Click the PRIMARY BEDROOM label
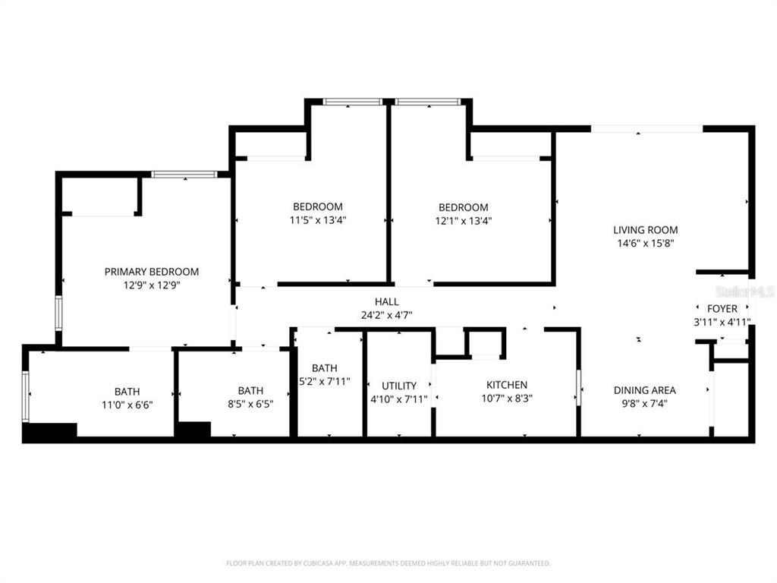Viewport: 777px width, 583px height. click(x=152, y=272)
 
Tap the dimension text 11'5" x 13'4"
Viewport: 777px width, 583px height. click(x=318, y=221)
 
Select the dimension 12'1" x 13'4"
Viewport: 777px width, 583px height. click(x=463, y=222)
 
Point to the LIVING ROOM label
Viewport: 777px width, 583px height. click(x=646, y=230)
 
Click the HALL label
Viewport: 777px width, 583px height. click(x=386, y=302)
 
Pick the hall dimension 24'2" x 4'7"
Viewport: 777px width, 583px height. click(x=386, y=315)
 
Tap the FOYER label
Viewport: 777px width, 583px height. click(x=722, y=309)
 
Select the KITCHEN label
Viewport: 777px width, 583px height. click(x=507, y=385)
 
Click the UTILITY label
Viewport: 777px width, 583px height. click(x=398, y=386)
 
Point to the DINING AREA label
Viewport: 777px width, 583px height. click(x=644, y=390)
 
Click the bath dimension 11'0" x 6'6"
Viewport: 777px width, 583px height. click(x=127, y=405)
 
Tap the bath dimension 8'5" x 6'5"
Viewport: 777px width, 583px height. click(x=250, y=405)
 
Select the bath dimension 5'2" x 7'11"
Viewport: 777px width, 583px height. click(x=324, y=382)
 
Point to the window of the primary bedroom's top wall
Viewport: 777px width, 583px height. click(x=184, y=175)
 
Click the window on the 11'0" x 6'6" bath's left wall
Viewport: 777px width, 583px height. click(x=26, y=396)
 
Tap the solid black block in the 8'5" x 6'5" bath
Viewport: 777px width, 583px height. click(x=193, y=430)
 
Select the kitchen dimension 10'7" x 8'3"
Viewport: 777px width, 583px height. click(x=507, y=398)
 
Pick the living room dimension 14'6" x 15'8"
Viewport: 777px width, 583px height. click(x=646, y=244)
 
